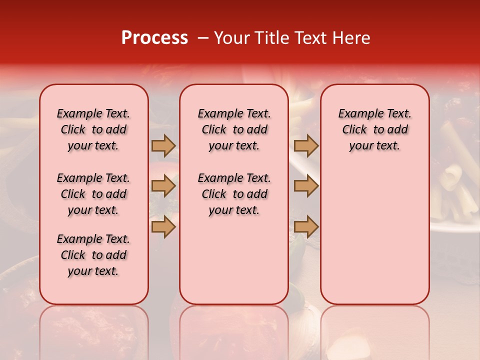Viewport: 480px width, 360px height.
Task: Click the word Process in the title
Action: (154, 38)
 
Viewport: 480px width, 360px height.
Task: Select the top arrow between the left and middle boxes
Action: (163, 145)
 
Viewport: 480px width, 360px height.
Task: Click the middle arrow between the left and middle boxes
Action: (163, 186)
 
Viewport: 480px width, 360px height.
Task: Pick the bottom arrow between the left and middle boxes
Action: (163, 227)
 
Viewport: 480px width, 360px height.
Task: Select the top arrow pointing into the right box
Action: (306, 145)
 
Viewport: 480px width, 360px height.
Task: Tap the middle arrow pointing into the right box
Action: (306, 186)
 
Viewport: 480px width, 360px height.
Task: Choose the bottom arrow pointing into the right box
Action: (306, 227)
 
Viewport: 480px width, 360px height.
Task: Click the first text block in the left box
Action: (93, 129)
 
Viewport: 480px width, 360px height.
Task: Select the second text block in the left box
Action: (93, 194)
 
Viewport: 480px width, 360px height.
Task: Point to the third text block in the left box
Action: (93, 255)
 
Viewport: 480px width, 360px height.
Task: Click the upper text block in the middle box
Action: (234, 129)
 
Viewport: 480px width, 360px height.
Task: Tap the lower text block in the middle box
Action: (234, 194)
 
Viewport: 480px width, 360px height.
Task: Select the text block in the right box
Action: (374, 129)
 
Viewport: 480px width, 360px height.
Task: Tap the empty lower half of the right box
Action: (374, 240)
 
